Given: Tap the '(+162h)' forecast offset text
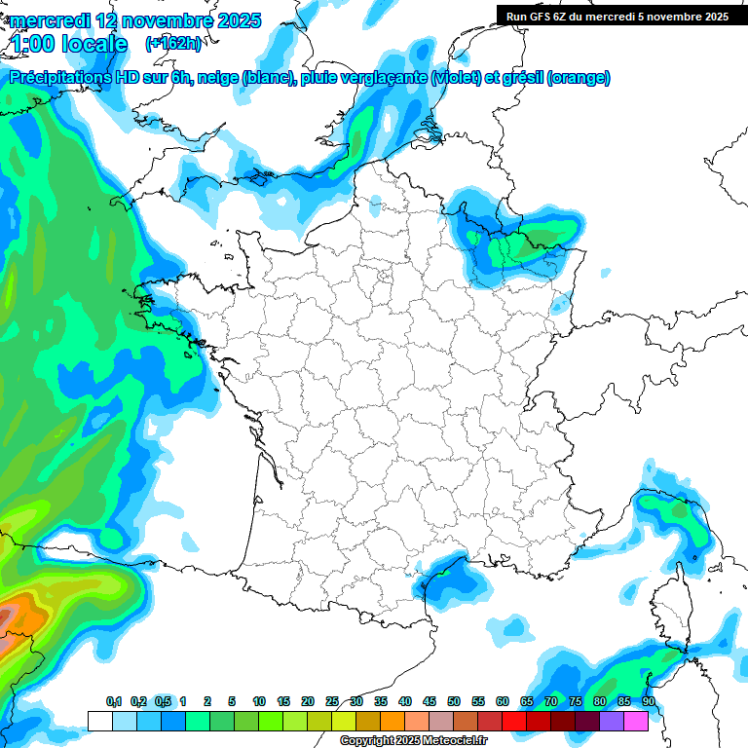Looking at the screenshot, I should (x=172, y=43).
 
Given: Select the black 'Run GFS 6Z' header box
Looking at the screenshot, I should (x=617, y=16).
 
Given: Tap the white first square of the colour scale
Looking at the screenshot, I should (x=99, y=721).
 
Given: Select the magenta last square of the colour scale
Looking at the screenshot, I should (x=636, y=721).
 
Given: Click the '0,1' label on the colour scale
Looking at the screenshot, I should (x=114, y=701).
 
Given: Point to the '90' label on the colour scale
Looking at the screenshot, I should (x=649, y=701).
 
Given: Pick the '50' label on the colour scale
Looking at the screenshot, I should (x=454, y=701).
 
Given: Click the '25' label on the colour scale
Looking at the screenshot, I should (x=332, y=701).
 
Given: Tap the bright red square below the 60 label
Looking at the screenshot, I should (x=514, y=721).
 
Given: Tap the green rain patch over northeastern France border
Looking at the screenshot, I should (x=534, y=240).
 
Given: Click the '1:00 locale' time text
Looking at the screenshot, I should (x=66, y=44).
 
